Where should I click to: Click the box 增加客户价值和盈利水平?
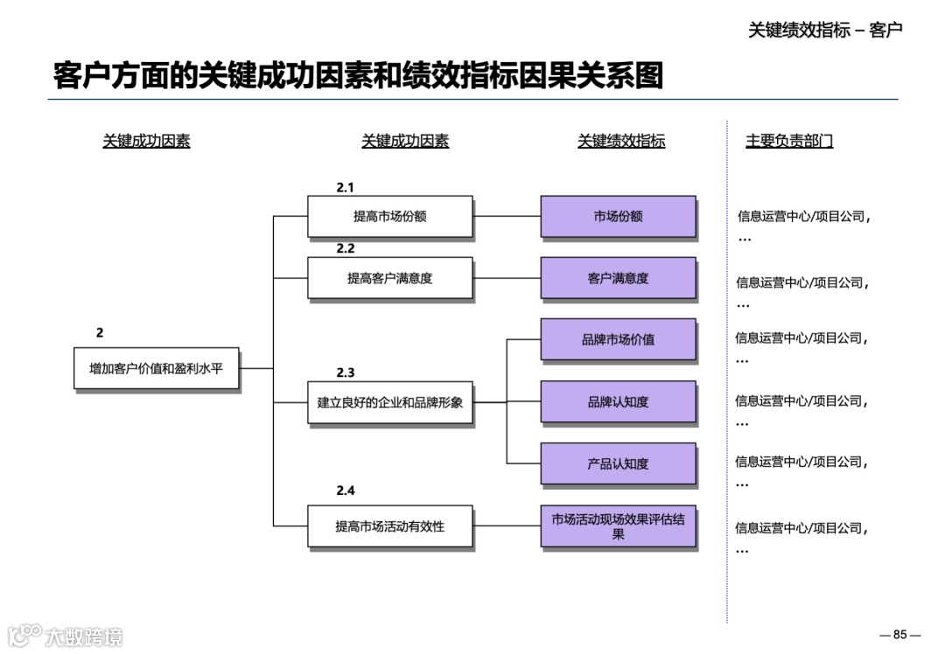(157, 369)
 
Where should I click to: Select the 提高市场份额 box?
(390, 217)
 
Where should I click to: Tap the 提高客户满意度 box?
(390, 279)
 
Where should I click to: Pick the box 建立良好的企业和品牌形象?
(390, 403)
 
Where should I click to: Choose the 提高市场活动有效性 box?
(390, 526)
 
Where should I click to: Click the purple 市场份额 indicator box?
(619, 217)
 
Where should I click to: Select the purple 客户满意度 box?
(619, 279)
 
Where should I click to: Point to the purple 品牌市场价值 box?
(619, 339)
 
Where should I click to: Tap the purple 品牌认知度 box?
(619, 402)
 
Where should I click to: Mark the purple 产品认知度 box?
(619, 464)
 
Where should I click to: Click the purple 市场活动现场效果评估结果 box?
(619, 526)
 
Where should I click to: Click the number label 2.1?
(346, 187)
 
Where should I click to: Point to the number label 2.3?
(346, 372)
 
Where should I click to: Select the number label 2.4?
(346, 491)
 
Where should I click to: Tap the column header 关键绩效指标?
(621, 141)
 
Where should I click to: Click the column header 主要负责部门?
(789, 141)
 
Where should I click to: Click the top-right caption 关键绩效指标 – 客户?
(825, 30)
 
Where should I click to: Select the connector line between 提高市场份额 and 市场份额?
(507, 217)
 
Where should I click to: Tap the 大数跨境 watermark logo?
(66, 636)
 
